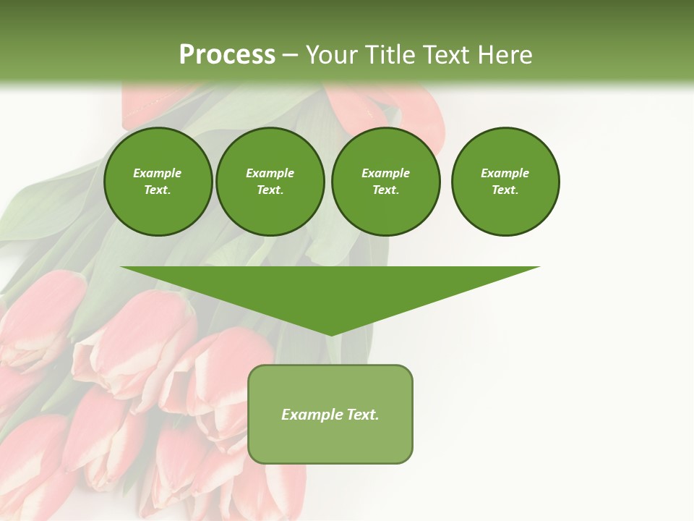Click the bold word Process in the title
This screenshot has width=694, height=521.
pyautogui.click(x=227, y=55)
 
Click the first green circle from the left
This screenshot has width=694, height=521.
pyautogui.click(x=158, y=182)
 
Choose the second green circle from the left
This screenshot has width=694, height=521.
pyautogui.click(x=270, y=182)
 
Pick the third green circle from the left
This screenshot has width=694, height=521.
pyautogui.click(x=385, y=182)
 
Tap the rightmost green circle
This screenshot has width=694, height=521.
pyautogui.click(x=505, y=182)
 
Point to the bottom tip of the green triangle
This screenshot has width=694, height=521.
pyautogui.click(x=330, y=335)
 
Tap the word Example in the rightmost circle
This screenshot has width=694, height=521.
pyautogui.click(x=505, y=173)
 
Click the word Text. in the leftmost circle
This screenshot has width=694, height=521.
pyautogui.click(x=158, y=190)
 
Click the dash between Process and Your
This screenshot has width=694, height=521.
pyautogui.click(x=290, y=55)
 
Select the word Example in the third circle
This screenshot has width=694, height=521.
pyautogui.click(x=385, y=173)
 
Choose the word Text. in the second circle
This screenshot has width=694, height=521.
pyautogui.click(x=270, y=190)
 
